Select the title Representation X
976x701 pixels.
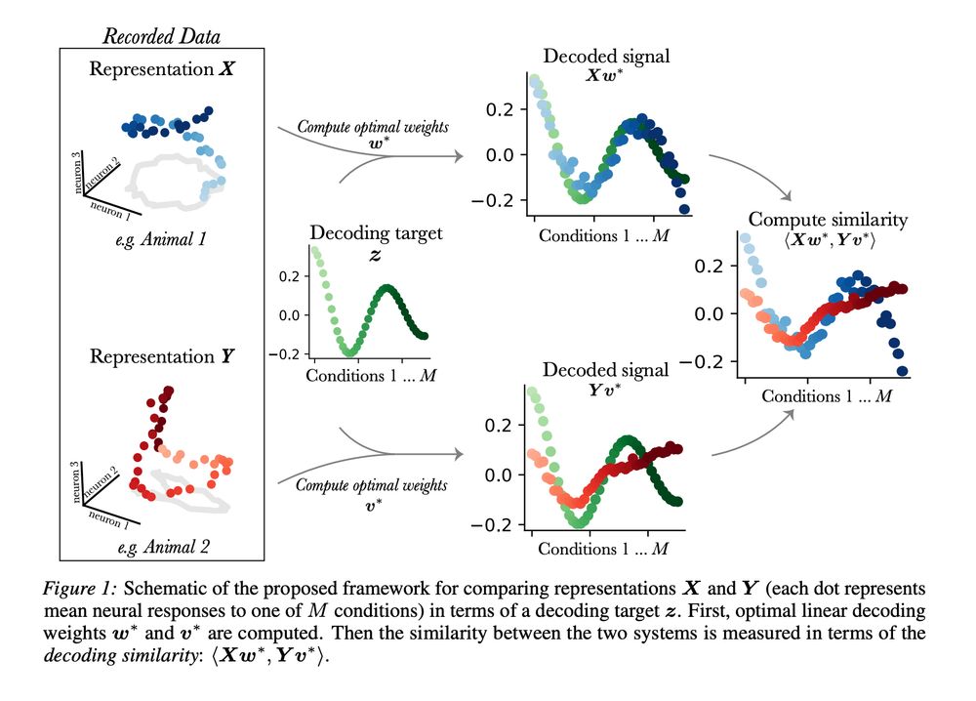pos(163,69)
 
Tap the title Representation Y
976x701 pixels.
pos(163,356)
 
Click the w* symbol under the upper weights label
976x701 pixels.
pos(374,144)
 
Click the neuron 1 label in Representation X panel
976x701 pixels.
pos(109,208)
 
